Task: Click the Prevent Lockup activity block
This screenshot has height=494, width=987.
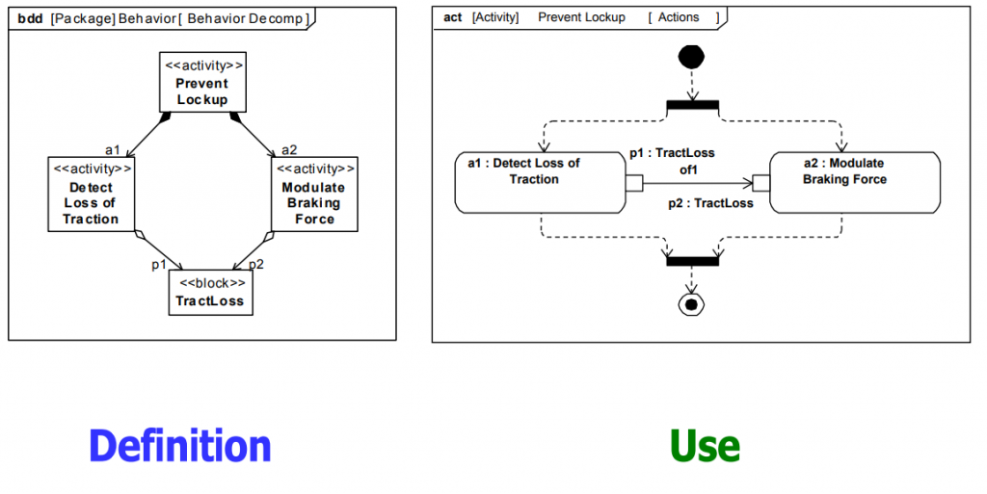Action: [x=201, y=82]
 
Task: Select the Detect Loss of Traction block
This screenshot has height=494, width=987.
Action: [x=90, y=195]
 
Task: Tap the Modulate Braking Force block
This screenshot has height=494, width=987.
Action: [x=314, y=195]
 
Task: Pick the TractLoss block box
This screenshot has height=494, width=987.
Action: [x=210, y=292]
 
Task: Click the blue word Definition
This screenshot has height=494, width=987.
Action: [x=180, y=447]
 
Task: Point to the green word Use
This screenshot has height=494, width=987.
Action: [x=705, y=447]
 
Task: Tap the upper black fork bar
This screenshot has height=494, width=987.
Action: [x=692, y=104]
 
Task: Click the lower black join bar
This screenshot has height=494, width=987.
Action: [x=692, y=260]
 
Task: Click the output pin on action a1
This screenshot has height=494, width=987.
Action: [x=633, y=183]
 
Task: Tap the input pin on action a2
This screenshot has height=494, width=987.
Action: [x=760, y=183]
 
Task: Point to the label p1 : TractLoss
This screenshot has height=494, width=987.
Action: [x=672, y=153]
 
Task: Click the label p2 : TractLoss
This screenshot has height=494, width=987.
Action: [x=711, y=203]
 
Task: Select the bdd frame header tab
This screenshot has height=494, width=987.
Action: [x=163, y=17]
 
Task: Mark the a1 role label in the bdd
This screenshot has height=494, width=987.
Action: [x=112, y=149]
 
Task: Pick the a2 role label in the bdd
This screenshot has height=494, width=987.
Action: [x=289, y=149]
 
